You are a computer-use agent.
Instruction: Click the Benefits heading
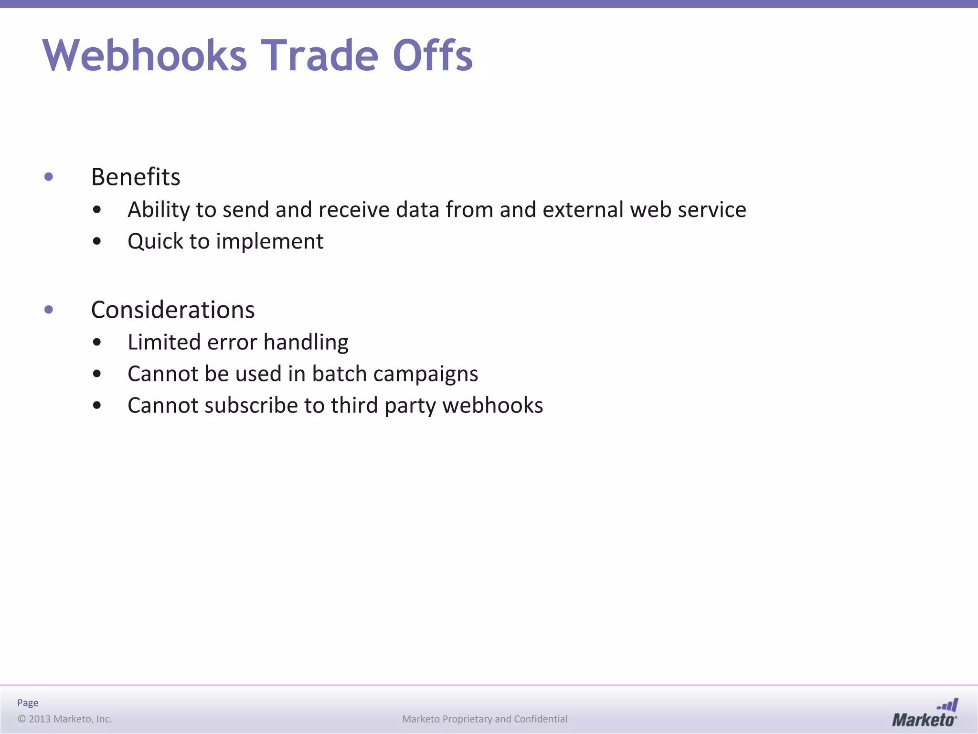coord(136,177)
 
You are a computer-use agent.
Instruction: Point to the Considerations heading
coord(173,310)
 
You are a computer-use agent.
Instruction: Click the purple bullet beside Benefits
coord(49,177)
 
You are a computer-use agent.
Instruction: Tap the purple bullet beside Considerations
coord(49,310)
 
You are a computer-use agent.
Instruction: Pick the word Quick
coord(155,241)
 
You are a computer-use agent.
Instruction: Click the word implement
coord(270,241)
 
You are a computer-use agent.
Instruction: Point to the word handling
coord(306,342)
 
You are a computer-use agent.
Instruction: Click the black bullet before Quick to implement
coord(97,242)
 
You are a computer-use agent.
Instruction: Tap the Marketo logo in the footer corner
coord(925,713)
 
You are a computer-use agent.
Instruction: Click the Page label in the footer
coord(28,702)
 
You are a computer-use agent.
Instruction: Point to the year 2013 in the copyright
coord(40,719)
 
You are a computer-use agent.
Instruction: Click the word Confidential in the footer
coord(541,719)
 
